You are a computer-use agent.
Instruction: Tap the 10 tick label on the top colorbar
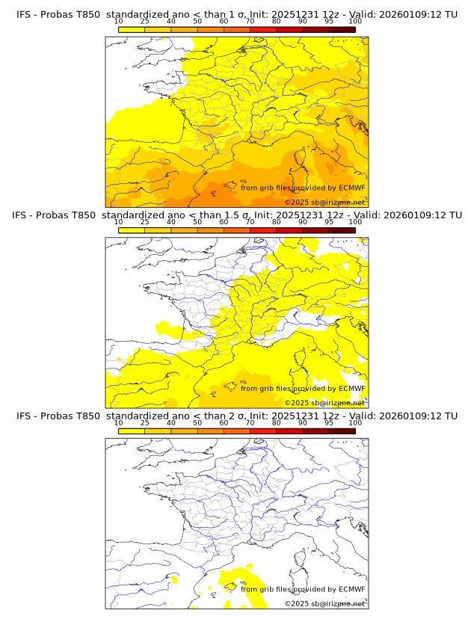click(x=119, y=21)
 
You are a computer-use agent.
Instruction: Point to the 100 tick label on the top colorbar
click(x=355, y=21)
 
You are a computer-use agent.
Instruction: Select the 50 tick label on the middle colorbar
click(x=197, y=221)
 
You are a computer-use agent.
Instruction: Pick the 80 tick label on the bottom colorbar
click(x=277, y=422)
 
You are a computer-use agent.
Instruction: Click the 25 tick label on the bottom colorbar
click(x=144, y=422)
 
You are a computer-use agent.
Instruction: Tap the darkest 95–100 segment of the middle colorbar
click(x=342, y=230)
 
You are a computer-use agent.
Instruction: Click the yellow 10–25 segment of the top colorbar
click(x=132, y=30)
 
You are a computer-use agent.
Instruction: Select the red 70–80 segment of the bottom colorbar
click(x=263, y=431)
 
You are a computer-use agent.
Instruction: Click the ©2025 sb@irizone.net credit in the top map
click(x=324, y=202)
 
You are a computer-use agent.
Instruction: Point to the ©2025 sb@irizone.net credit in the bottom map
click(x=324, y=603)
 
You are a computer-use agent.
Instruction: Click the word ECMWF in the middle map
click(x=352, y=388)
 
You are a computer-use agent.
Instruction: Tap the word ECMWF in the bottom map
click(x=352, y=589)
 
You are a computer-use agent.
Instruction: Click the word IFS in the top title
click(x=24, y=14)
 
